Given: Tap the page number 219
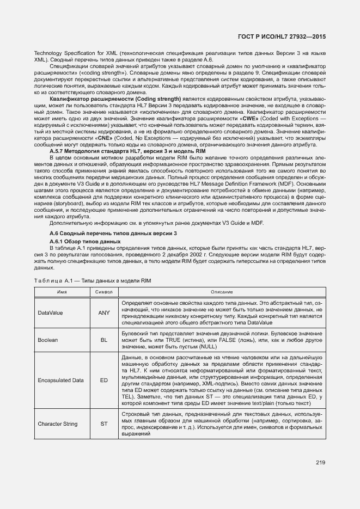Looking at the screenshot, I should [x=320, y=463].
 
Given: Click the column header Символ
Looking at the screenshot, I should [x=103, y=292].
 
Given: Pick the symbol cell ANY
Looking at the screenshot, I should [x=103, y=313].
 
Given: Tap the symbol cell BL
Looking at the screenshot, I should [x=103, y=340].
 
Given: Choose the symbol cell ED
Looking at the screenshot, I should [x=103, y=381].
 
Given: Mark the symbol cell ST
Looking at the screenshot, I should [x=103, y=424].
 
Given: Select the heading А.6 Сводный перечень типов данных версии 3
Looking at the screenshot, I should [x=113, y=233].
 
